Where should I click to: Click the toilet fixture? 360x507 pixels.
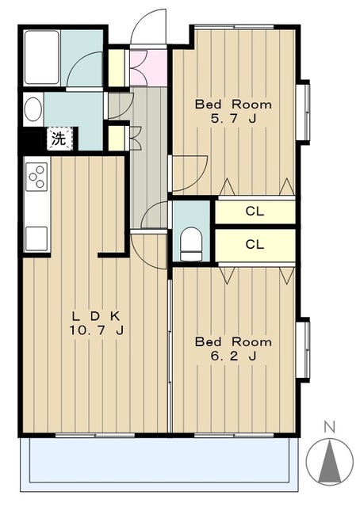click(x=191, y=244)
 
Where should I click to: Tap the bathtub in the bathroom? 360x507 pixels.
click(x=42, y=57)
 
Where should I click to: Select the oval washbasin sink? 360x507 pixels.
click(x=33, y=109)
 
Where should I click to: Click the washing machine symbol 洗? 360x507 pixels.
click(x=59, y=139)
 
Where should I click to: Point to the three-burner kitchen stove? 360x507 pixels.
click(x=36, y=177)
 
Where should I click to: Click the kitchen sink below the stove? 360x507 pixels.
click(x=36, y=238)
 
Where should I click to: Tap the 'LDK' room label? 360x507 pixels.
click(x=96, y=315)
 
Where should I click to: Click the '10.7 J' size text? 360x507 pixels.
click(x=96, y=330)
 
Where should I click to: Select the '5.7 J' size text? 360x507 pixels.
click(x=233, y=119)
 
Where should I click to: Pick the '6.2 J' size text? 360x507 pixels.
click(x=233, y=356)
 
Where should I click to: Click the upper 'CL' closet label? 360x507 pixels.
click(x=255, y=212)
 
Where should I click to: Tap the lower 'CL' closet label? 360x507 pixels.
click(x=255, y=245)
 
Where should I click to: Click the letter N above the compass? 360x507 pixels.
click(x=330, y=428)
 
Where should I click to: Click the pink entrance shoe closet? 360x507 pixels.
click(x=148, y=67)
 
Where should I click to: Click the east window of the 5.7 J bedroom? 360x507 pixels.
click(x=304, y=112)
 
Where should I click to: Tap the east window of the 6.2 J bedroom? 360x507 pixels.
click(x=304, y=349)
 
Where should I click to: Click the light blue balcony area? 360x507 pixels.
click(x=159, y=464)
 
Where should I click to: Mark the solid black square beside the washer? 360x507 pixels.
click(x=32, y=139)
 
